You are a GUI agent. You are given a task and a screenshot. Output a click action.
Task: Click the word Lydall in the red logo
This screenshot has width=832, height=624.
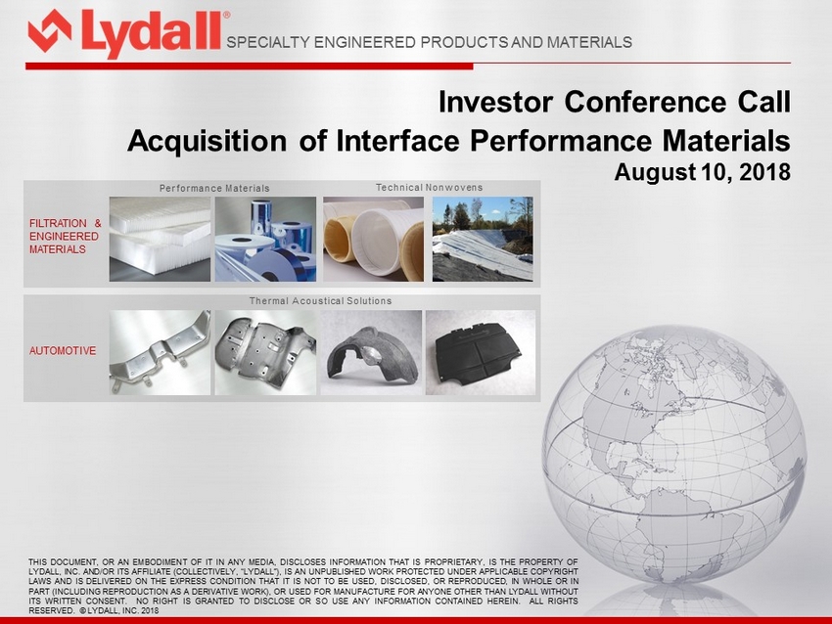(151, 33)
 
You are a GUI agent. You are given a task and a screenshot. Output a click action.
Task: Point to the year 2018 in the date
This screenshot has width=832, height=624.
(763, 172)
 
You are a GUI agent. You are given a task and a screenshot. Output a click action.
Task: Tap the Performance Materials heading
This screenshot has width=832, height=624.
(214, 188)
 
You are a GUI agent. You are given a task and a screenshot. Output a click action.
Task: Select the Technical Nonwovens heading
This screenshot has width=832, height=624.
(430, 187)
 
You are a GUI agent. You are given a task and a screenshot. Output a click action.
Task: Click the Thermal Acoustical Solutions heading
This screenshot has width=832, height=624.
(320, 300)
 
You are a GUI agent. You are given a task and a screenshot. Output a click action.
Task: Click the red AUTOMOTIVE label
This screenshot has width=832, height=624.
(63, 351)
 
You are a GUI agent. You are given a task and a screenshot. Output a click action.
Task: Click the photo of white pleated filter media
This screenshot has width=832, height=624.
(160, 239)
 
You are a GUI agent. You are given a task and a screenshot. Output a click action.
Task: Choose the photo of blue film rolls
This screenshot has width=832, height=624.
(265, 239)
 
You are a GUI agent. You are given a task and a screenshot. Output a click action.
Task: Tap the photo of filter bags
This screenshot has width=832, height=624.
(374, 239)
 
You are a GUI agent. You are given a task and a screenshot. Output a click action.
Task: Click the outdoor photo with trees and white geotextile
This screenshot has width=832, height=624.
(483, 239)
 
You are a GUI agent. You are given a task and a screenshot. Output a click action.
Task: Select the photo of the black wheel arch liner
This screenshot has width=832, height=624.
(371, 352)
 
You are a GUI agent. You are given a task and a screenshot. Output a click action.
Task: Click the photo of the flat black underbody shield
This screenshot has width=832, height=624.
(481, 352)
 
